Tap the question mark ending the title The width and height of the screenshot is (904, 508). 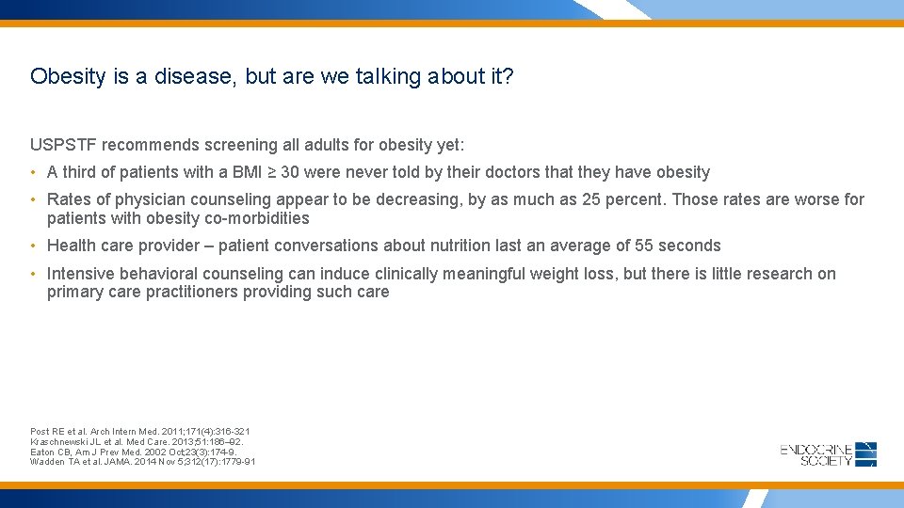tap(508, 76)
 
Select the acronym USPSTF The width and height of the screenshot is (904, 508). tap(64, 145)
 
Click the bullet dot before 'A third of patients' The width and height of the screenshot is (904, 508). tap(33, 172)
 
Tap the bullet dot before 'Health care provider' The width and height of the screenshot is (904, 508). tap(33, 246)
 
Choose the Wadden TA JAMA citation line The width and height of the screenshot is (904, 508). tap(142, 462)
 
